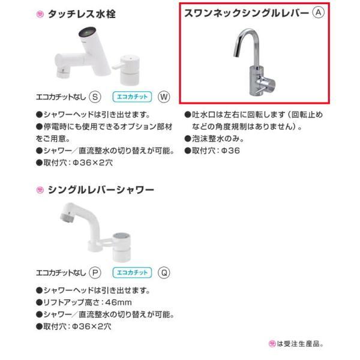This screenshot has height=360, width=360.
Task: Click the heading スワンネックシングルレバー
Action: pyautogui.click(x=246, y=13)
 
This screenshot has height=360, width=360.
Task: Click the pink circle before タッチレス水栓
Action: pyautogui.click(x=39, y=13)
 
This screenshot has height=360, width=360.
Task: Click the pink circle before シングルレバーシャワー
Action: pyautogui.click(x=39, y=190)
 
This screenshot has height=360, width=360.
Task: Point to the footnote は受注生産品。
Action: pyautogui.click(x=300, y=344)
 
